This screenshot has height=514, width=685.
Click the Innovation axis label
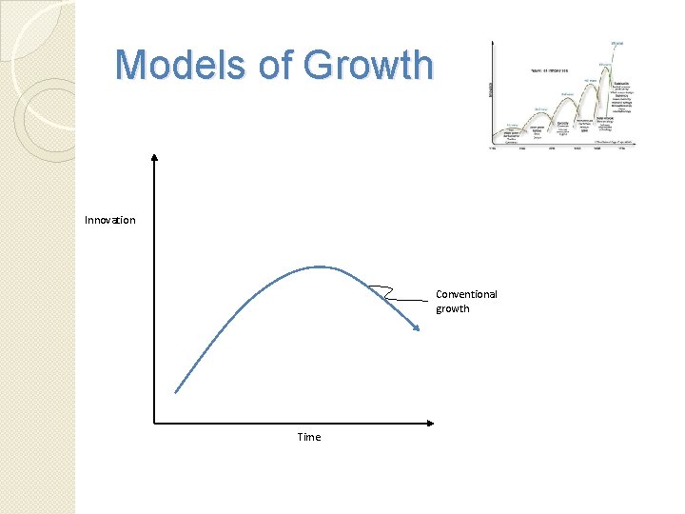[109, 220]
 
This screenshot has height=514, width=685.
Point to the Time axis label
[309, 437]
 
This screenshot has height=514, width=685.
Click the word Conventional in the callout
[466, 294]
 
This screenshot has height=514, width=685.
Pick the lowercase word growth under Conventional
[453, 308]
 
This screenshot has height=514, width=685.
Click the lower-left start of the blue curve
[177, 390]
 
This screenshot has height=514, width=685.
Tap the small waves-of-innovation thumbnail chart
[561, 95]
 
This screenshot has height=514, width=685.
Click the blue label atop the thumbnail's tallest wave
[616, 43]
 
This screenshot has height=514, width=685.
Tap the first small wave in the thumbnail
[512, 129]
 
